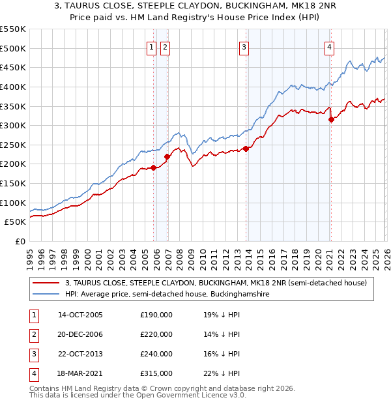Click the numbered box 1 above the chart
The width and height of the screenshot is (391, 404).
151,46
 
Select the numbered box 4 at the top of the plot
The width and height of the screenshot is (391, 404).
330,46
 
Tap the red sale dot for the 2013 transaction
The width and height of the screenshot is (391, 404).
246,149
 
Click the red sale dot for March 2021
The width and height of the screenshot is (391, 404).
331,119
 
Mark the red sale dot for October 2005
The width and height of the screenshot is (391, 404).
154,167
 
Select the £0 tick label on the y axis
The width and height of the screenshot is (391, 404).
20,241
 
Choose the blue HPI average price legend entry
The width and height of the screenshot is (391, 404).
167,295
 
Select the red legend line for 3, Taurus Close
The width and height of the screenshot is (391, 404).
46,283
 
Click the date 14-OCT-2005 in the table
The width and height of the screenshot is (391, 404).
80,315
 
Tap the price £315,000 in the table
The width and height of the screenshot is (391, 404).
156,373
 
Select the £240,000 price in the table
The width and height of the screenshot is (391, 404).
156,354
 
